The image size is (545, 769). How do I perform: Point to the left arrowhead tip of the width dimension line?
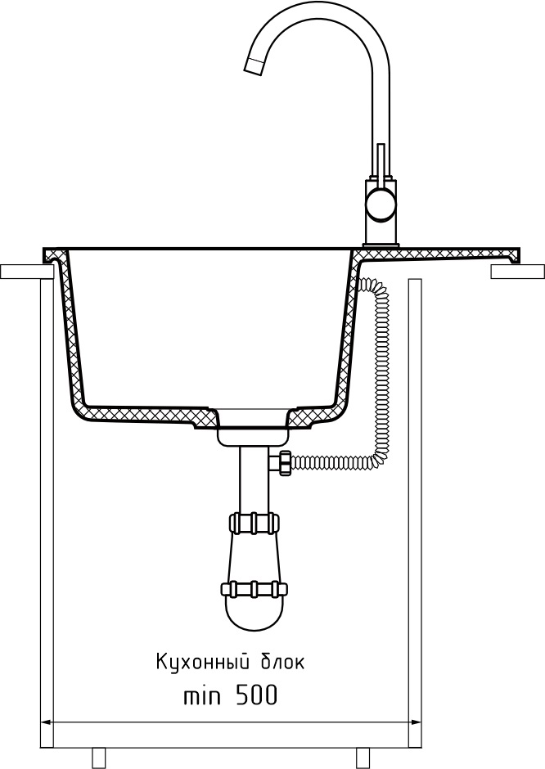tap(40, 722)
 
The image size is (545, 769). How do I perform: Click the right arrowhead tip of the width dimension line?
tap(421, 722)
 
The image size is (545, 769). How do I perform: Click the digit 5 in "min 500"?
tap(243, 695)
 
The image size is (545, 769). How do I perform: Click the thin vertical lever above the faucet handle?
tap(381, 162)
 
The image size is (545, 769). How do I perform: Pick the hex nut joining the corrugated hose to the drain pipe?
tap(283, 463)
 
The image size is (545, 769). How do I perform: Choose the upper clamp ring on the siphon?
tap(253, 522)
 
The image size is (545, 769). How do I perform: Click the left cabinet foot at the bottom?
tap(98, 758)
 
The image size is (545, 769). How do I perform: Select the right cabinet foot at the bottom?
tap(363, 758)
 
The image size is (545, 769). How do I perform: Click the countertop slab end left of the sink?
tap(25, 272)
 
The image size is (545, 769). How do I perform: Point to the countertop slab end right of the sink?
tap(517, 272)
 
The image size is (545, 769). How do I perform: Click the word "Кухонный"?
tap(203, 662)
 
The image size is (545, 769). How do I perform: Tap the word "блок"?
tap(281, 662)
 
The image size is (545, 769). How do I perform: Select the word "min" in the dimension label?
tap(201, 695)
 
